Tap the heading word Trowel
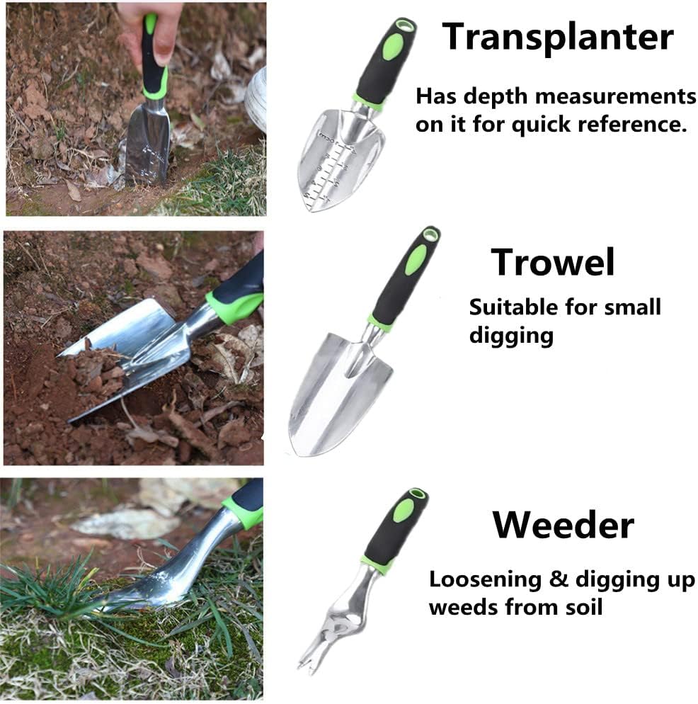pyautogui.click(x=553, y=262)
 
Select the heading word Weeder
pyautogui.click(x=563, y=525)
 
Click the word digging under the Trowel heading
pyautogui.click(x=511, y=335)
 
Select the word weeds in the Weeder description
pyautogui.click(x=464, y=607)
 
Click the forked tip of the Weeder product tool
pyautogui.click(x=305, y=666)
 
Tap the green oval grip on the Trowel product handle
pyautogui.click(x=415, y=260)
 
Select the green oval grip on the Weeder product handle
pyautogui.click(x=404, y=511)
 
